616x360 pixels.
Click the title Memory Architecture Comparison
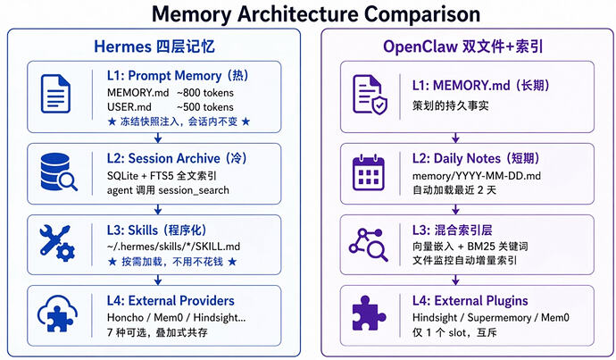pyautogui.click(x=316, y=14)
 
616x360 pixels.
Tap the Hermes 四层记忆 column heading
pyautogui.click(x=154, y=46)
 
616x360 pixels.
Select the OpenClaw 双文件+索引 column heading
pyautogui.click(x=463, y=46)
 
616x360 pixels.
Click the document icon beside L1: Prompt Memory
pyautogui.click(x=55, y=94)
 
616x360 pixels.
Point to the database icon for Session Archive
pyautogui.click(x=58, y=172)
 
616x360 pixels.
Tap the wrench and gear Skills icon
pyautogui.click(x=56, y=243)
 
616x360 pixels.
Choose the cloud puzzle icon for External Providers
pyautogui.click(x=57, y=314)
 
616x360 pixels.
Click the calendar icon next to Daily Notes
pyautogui.click(x=368, y=172)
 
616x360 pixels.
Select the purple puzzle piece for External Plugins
pyautogui.click(x=369, y=314)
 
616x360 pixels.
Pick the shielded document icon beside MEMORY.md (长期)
pyautogui.click(x=370, y=95)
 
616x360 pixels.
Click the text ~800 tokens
pyautogui.click(x=204, y=93)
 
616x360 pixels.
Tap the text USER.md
pyautogui.click(x=129, y=107)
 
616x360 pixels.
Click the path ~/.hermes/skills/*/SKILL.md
pyautogui.click(x=173, y=247)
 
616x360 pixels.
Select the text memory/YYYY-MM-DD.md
pyautogui.click(x=476, y=176)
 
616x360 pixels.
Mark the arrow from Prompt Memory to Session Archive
pyautogui.click(x=158, y=138)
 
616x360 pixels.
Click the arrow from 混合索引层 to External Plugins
pyautogui.click(x=455, y=280)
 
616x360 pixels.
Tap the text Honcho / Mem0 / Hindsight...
pyautogui.click(x=176, y=317)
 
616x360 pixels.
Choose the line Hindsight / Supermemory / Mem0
pyautogui.click(x=490, y=317)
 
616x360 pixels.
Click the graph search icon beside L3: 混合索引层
pyautogui.click(x=368, y=245)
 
